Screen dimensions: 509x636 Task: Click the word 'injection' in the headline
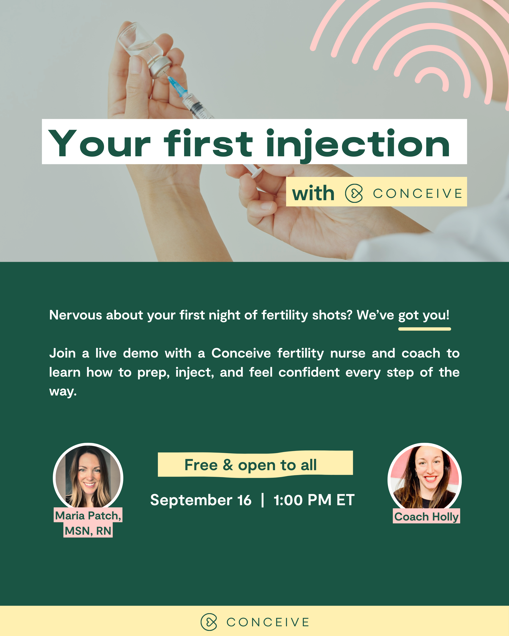pos(358,144)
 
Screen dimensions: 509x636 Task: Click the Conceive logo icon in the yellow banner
pos(354,193)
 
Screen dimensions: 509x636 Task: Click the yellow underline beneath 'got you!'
pos(424,329)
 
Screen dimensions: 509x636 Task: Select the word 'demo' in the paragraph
pos(140,353)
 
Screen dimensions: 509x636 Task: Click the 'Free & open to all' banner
pos(255,465)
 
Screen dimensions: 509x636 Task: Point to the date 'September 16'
pos(201,500)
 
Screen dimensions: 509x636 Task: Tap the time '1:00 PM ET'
pos(314,500)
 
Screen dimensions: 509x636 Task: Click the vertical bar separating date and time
pos(262,500)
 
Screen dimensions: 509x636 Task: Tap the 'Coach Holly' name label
pos(426,517)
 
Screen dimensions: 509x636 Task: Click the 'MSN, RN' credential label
pos(88,531)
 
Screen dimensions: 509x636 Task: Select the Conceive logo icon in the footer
pos(209,622)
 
